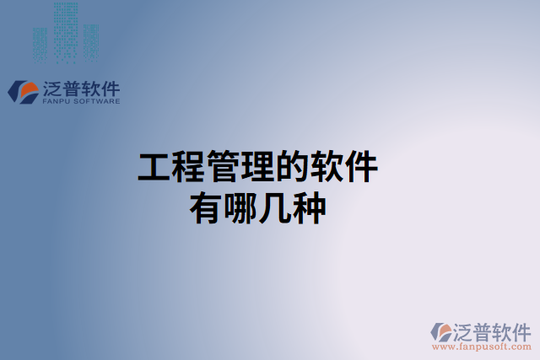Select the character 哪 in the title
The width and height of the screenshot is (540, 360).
click(x=240, y=207)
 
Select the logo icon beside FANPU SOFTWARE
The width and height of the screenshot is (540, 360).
click(x=23, y=91)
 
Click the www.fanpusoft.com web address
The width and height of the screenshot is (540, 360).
click(x=482, y=346)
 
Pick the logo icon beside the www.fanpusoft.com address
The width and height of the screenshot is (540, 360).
click(x=443, y=331)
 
